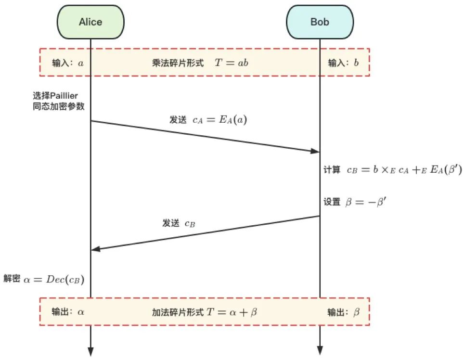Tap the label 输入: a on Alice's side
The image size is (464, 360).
click(68, 63)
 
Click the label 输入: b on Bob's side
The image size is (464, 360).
click(343, 63)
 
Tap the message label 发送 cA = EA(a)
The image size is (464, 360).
click(208, 120)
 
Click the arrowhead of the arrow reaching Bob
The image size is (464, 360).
click(315, 152)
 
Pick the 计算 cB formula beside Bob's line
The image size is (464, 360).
click(393, 170)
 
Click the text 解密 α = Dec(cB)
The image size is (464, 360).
click(44, 279)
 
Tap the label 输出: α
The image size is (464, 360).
click(68, 312)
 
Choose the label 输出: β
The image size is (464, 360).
click(343, 312)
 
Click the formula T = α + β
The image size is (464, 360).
click(232, 312)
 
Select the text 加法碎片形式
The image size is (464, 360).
click(178, 312)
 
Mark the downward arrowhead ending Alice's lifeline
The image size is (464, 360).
click(90, 351)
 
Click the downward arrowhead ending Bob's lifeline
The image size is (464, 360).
click(320, 351)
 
